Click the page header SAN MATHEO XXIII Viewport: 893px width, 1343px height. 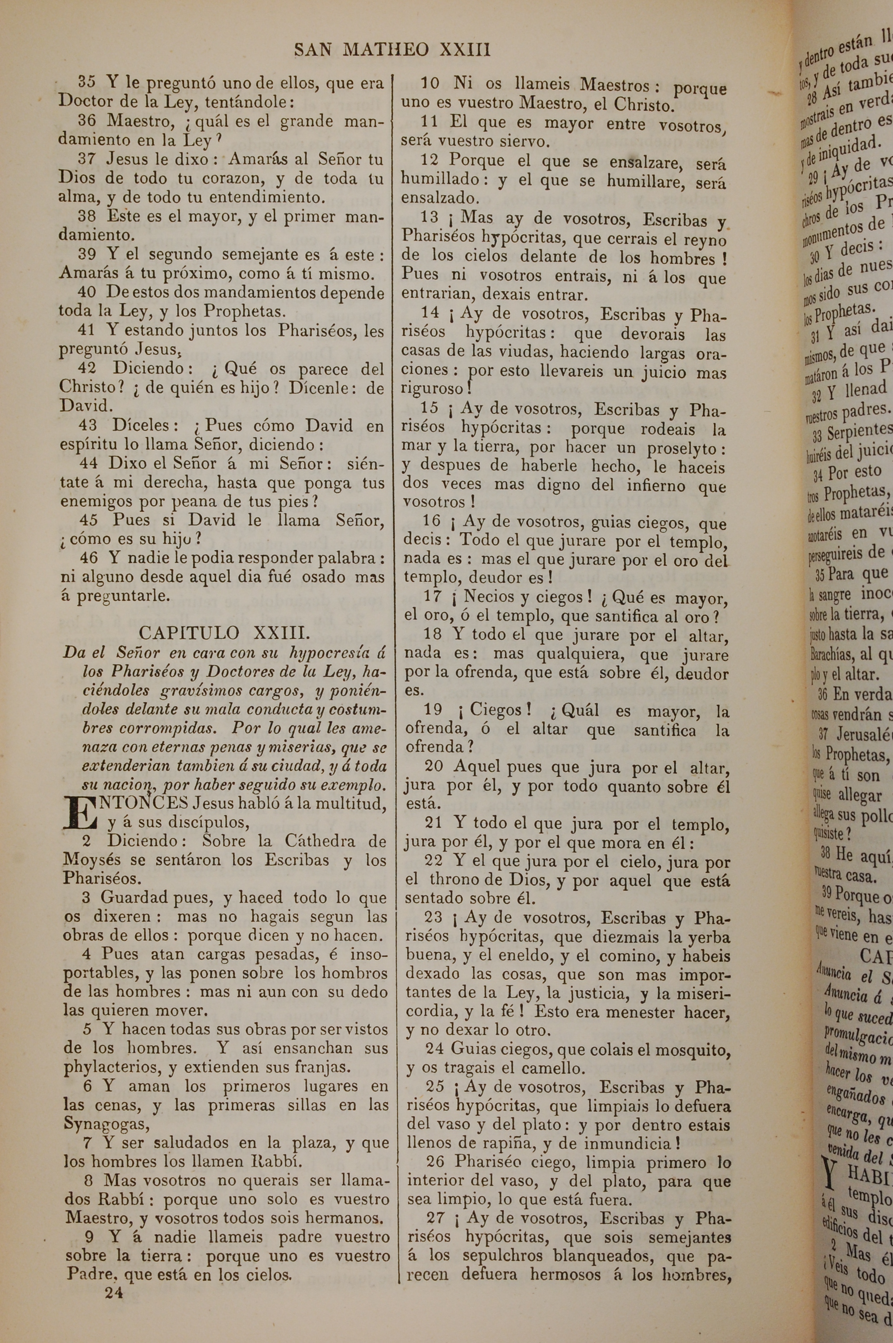pyautogui.click(x=392, y=50)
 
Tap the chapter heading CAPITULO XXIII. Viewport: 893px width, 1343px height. pyautogui.click(x=225, y=633)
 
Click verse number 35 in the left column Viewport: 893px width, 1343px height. pyautogui.click(x=87, y=82)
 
